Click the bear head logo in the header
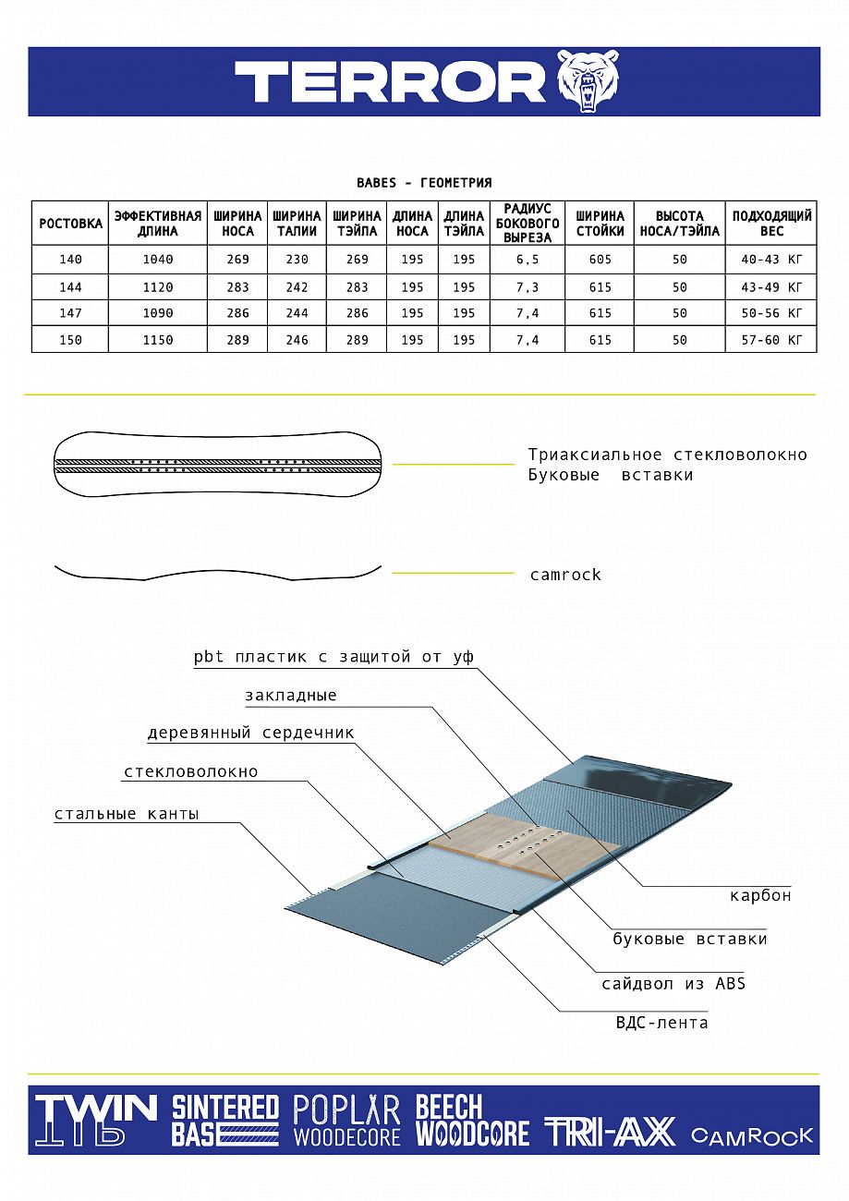[588, 81]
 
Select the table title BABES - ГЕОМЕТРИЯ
[424, 183]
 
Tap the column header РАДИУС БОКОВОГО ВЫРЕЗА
[528, 223]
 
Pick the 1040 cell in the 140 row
[158, 261]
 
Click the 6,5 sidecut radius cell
[528, 261]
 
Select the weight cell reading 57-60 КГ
[771, 340]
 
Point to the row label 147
[70, 313]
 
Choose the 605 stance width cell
[600, 261]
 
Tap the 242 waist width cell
[297, 287]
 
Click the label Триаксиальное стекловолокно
[667, 455]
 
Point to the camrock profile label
[565, 575]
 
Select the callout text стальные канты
[127, 814]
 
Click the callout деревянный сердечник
[250, 734]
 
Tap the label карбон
[760, 895]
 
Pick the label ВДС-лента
[661, 1023]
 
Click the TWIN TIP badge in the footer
[95, 1120]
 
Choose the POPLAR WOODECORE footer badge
[346, 1121]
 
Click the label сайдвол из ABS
[673, 983]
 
